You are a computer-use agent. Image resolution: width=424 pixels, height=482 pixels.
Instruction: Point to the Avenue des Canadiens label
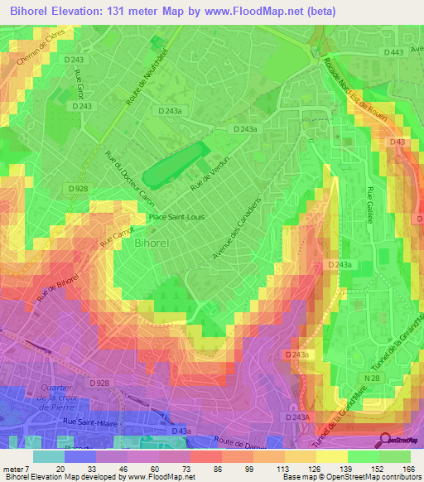pyautogui.click(x=237, y=227)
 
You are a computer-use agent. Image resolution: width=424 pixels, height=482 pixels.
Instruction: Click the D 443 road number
pyautogui.click(x=394, y=53)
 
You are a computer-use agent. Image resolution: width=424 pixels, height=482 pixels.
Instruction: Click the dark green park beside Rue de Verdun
pyautogui.click(x=176, y=164)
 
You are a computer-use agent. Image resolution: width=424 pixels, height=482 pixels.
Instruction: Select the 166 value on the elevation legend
pyautogui.click(x=407, y=469)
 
